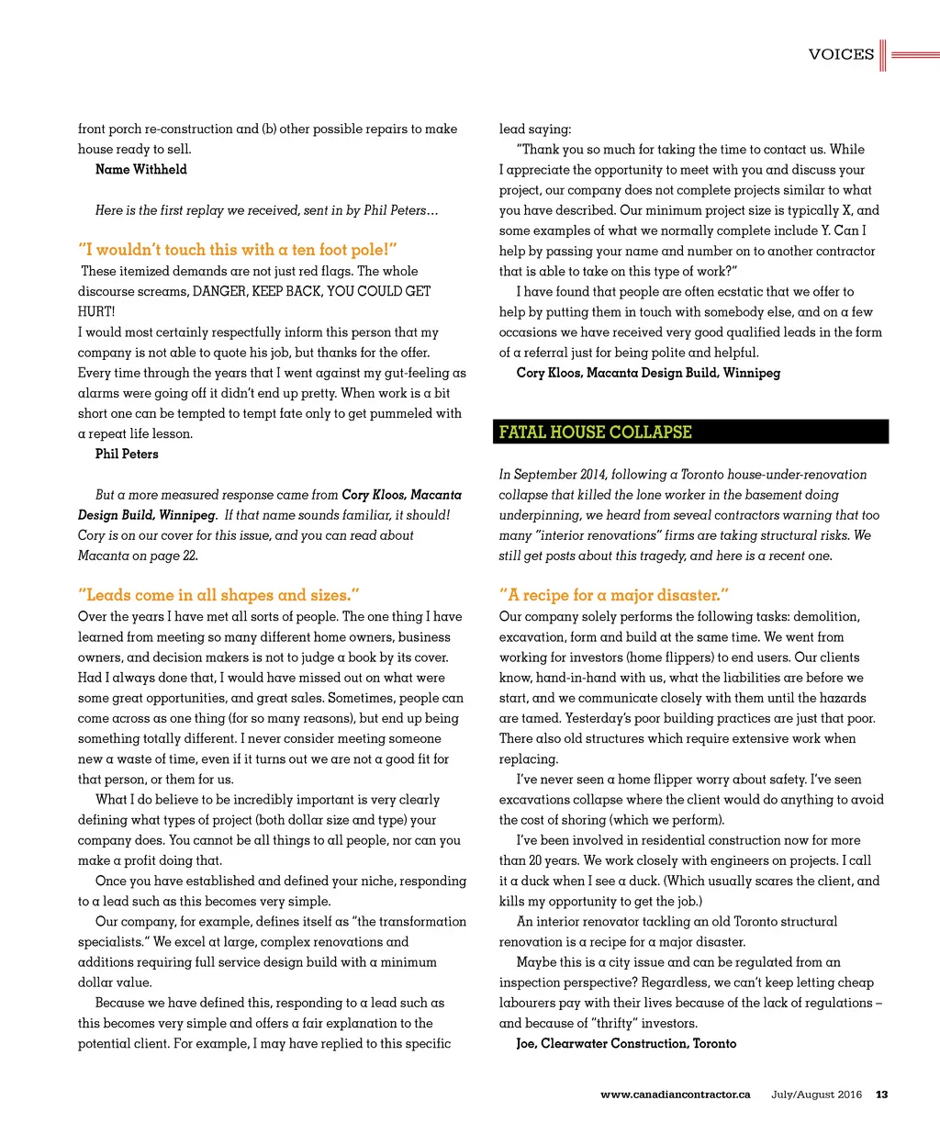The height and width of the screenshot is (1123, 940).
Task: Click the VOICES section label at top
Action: coord(841,54)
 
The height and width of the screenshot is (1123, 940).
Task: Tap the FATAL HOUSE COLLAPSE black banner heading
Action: coord(596,432)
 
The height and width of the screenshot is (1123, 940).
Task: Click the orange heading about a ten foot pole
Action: coord(238,250)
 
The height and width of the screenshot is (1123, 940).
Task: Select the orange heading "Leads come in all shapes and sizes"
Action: coord(218,595)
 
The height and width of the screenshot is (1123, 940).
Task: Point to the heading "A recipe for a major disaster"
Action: coord(614,595)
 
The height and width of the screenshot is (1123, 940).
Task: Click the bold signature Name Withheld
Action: coord(141,170)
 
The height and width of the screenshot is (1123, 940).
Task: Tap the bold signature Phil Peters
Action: coord(127,455)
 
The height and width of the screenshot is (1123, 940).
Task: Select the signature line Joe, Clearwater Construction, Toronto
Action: coord(626,1044)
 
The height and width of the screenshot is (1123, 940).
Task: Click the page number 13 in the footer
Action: coord(881,1095)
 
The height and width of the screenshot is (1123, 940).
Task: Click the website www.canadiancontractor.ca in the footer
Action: coord(675,1095)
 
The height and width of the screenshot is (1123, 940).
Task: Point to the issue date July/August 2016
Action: coord(817,1095)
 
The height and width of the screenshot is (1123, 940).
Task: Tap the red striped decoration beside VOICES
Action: coord(908,55)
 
